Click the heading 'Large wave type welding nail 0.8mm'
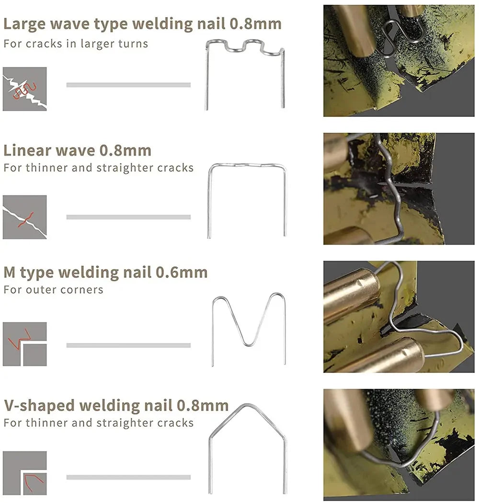point(142,23)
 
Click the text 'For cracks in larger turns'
point(76,44)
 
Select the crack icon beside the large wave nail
point(24,89)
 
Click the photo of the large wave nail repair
point(399,61)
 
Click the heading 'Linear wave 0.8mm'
point(77,150)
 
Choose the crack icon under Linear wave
point(24,217)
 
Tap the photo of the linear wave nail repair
point(399,189)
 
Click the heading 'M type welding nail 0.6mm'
point(105,273)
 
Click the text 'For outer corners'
point(53,290)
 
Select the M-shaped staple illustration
point(249,328)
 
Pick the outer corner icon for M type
point(24,344)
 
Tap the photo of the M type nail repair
point(399,317)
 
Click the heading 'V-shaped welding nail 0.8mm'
point(116,406)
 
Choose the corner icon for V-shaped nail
point(24,473)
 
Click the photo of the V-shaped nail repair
point(399,444)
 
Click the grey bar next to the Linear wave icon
point(128,217)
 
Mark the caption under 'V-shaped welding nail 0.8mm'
point(98,423)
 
